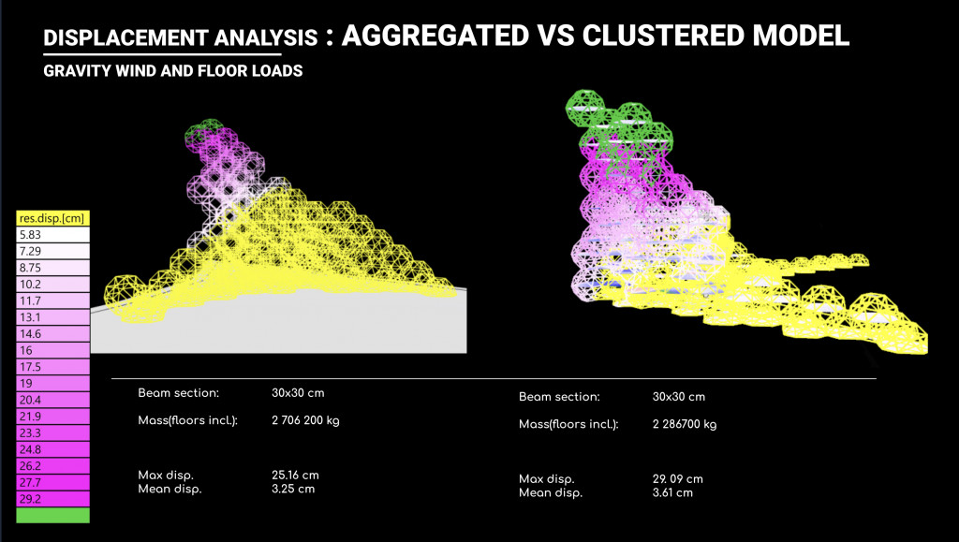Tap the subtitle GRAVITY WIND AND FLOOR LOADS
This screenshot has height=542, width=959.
pyautogui.click(x=172, y=72)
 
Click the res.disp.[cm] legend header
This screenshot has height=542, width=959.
pyautogui.click(x=52, y=219)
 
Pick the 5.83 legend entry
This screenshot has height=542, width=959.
pyautogui.click(x=52, y=235)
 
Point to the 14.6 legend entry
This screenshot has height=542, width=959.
pyautogui.click(x=52, y=334)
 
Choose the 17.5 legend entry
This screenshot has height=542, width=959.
pyautogui.click(x=52, y=366)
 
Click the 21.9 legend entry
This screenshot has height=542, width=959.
pyautogui.click(x=52, y=416)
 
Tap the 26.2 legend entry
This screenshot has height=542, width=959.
pyautogui.click(x=52, y=465)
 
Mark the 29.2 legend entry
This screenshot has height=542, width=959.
pyautogui.click(x=52, y=499)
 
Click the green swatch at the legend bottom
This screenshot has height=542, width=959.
pyautogui.click(x=52, y=515)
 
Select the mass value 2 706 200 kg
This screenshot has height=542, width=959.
pyautogui.click(x=305, y=420)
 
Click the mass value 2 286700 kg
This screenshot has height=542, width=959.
pyautogui.click(x=684, y=425)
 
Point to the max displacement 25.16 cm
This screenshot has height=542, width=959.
pyautogui.click(x=295, y=476)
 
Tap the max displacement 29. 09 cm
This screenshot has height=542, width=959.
pyautogui.click(x=677, y=479)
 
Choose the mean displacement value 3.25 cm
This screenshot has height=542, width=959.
pyautogui.click(x=293, y=489)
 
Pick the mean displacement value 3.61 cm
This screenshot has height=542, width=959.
pyautogui.click(x=672, y=492)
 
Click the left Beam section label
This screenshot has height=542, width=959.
pyautogui.click(x=178, y=393)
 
